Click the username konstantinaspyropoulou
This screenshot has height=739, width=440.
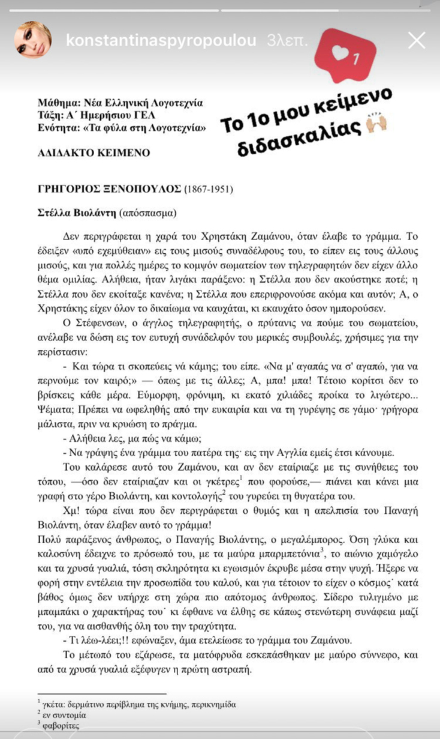point(161,40)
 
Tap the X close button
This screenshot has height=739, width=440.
point(417,40)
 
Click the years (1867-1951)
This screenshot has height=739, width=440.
point(208,189)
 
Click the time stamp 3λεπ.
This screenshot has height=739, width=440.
point(287,40)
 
